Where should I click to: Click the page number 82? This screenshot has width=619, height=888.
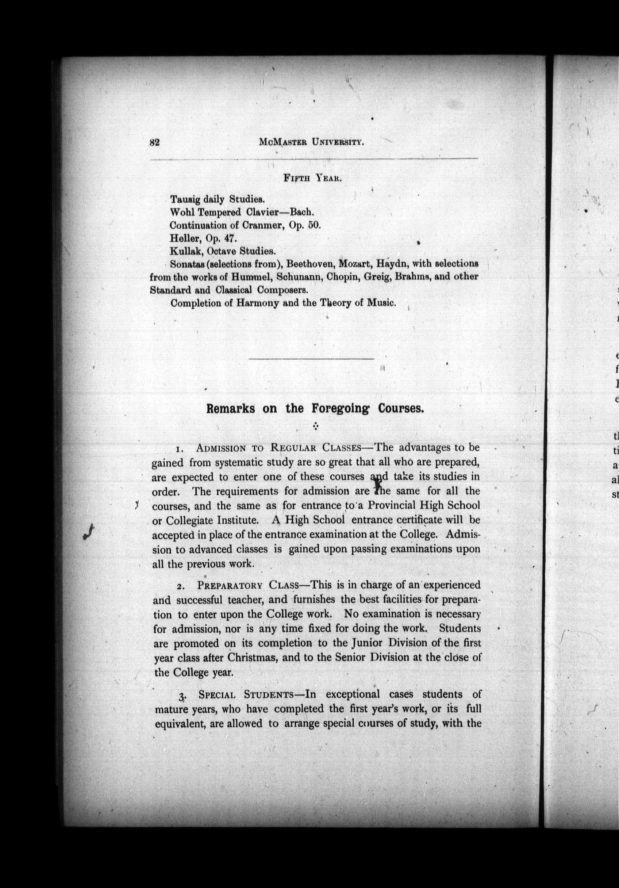[155, 142]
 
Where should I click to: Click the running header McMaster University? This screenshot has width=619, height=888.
[312, 142]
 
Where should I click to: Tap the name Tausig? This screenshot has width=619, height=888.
[185, 200]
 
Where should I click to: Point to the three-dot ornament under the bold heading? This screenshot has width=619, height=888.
[315, 426]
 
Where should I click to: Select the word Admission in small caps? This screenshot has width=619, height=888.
[221, 448]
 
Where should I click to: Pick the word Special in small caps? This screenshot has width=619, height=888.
[217, 694]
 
